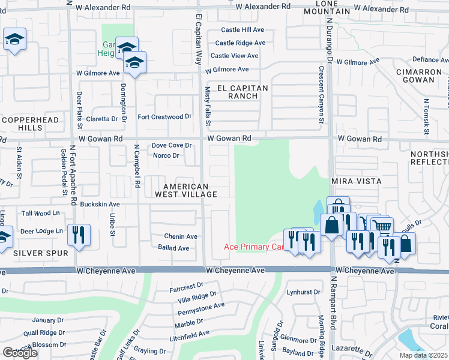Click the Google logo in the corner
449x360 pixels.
(x=20, y=353)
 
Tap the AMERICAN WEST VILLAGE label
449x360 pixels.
(x=186, y=190)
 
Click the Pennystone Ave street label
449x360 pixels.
(x=200, y=309)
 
